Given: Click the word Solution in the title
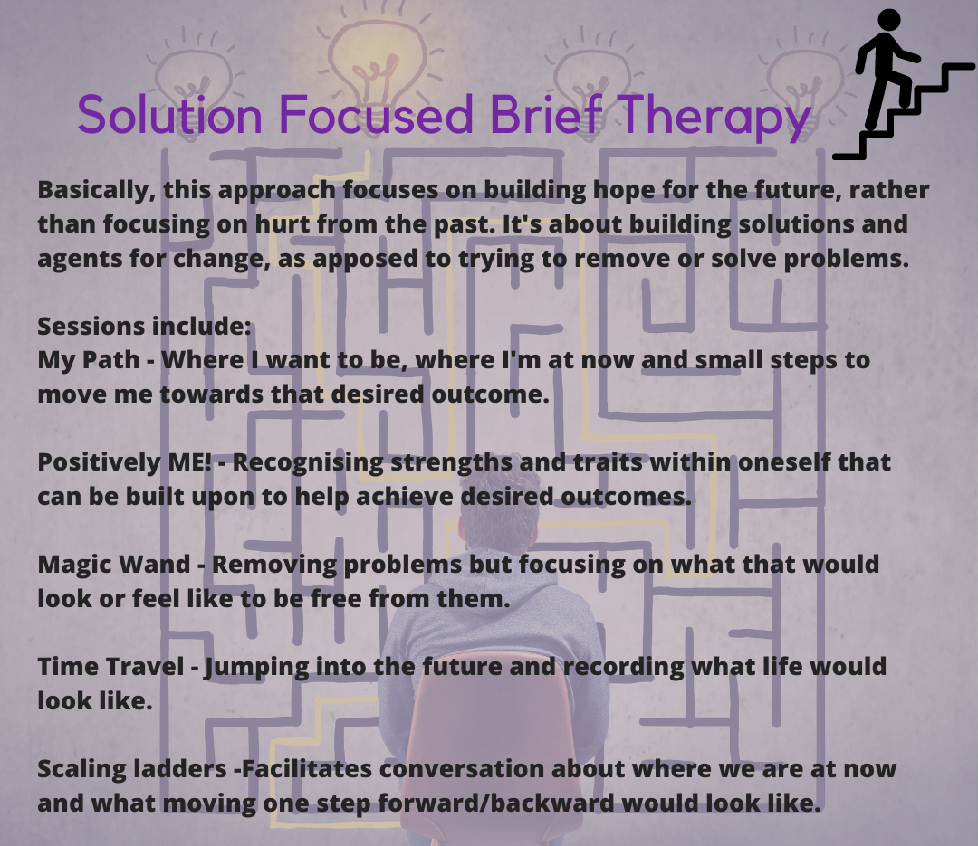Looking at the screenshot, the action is [x=169, y=115].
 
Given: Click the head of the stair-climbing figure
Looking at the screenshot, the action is [x=889, y=20].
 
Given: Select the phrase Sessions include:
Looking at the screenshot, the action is [x=144, y=326].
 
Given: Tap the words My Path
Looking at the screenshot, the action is [x=89, y=361].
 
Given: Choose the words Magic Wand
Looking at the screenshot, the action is [x=114, y=565].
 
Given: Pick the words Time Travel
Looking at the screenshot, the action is [x=111, y=667].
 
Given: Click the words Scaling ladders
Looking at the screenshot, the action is [x=132, y=769].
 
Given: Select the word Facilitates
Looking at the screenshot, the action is [x=307, y=769].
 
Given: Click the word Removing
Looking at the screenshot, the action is [x=274, y=565].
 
